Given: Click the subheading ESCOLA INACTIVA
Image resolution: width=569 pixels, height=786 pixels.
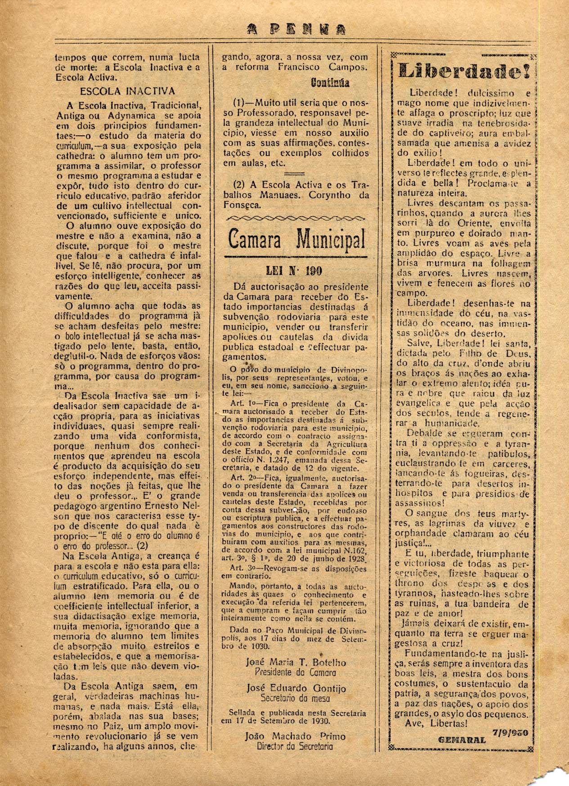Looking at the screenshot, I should click(127, 91).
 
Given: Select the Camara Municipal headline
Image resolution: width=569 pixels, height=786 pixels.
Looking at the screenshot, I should click(297, 239).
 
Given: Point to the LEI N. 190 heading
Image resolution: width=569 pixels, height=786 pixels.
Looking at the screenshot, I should click(296, 271).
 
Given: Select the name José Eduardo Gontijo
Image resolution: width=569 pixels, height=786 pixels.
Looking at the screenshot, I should click(295, 688).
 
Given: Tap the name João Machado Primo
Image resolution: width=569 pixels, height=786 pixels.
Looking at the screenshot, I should click(295, 737).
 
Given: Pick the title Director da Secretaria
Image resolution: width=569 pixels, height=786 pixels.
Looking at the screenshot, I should click(295, 746).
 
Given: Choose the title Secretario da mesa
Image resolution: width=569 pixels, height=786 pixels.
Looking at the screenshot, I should click(295, 698).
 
